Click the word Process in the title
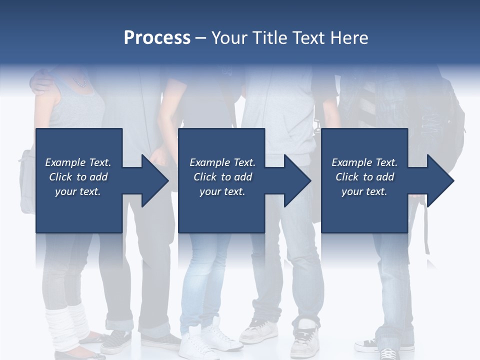pos(157,38)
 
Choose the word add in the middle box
pos(242,177)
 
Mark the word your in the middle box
pos(210,192)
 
